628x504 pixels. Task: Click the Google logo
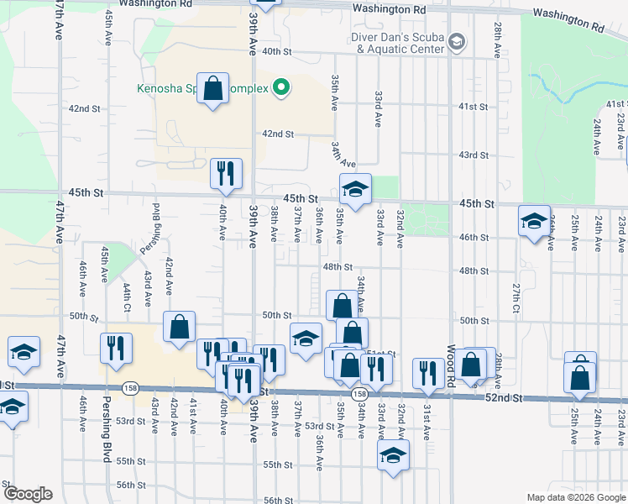(27, 494)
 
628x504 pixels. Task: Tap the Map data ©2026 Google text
(575, 497)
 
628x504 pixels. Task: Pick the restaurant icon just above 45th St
(226, 173)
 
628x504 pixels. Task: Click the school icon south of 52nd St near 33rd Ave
(392, 456)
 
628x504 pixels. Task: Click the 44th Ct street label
(127, 297)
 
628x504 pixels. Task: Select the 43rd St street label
(473, 155)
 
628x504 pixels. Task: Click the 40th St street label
(275, 51)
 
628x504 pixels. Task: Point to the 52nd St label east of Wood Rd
(504, 397)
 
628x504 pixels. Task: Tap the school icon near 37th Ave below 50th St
(306, 338)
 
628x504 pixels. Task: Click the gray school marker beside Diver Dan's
(457, 42)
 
